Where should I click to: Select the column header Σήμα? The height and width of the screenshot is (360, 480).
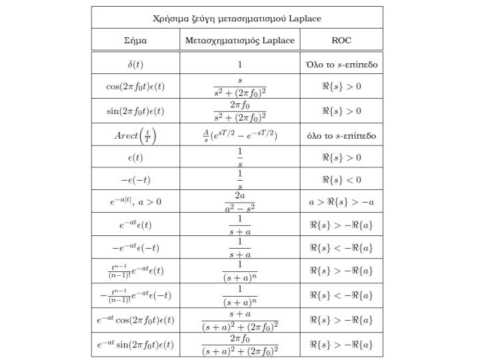tap(135, 40)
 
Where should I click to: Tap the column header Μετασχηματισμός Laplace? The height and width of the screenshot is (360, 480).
tap(239, 40)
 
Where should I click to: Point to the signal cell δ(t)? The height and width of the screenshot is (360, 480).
tap(135, 65)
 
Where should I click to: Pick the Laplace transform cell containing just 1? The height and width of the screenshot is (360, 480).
tap(239, 65)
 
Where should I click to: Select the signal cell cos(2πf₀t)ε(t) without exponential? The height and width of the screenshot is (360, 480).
tap(135, 87)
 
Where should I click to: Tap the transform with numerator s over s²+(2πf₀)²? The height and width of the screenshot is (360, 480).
tap(239, 87)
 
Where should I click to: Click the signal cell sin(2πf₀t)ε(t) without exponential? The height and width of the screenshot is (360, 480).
tap(135, 111)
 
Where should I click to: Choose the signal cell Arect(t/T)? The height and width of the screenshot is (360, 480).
tap(135, 134)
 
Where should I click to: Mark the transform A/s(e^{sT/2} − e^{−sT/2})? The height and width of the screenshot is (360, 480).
tap(239, 134)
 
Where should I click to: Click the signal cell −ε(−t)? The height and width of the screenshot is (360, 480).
tap(135, 179)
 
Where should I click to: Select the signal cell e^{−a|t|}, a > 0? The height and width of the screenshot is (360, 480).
tap(135, 202)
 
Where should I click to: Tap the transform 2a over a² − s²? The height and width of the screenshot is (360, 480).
tap(239, 202)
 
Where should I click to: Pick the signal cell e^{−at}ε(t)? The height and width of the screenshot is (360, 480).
tap(135, 225)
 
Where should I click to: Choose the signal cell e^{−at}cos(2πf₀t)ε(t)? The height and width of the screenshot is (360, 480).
tap(135, 320)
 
